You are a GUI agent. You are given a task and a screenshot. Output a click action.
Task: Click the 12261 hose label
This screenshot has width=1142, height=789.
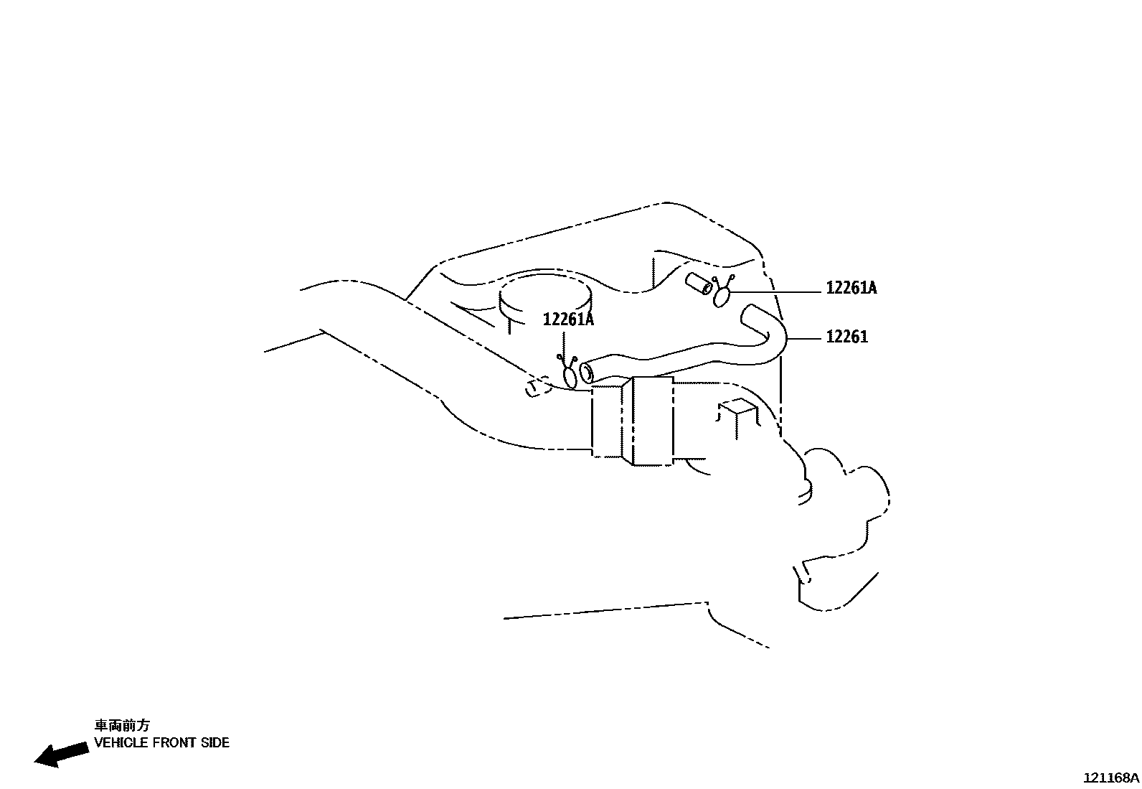(x=846, y=337)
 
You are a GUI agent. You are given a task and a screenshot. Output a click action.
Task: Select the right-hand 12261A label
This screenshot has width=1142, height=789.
(x=851, y=288)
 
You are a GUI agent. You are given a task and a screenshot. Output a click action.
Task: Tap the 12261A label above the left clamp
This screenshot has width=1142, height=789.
(x=568, y=319)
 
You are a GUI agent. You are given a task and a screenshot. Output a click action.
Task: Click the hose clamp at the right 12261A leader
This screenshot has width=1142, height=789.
(x=722, y=294)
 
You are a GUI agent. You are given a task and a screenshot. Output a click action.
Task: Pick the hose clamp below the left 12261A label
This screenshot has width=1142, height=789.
(x=570, y=375)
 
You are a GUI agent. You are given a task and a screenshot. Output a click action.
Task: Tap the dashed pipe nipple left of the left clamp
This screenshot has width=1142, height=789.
(x=534, y=388)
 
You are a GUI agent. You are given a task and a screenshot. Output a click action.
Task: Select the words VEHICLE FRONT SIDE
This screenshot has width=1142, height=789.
(x=161, y=743)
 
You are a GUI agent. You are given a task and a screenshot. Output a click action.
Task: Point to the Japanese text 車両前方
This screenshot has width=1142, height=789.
(x=123, y=725)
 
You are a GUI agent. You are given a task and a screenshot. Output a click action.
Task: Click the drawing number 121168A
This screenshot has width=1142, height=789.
(x=1110, y=778)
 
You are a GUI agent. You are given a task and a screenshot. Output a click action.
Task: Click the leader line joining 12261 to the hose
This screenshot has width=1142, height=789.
(x=805, y=337)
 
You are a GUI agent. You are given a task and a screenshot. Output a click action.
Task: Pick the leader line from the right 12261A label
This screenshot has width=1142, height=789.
(x=775, y=291)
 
